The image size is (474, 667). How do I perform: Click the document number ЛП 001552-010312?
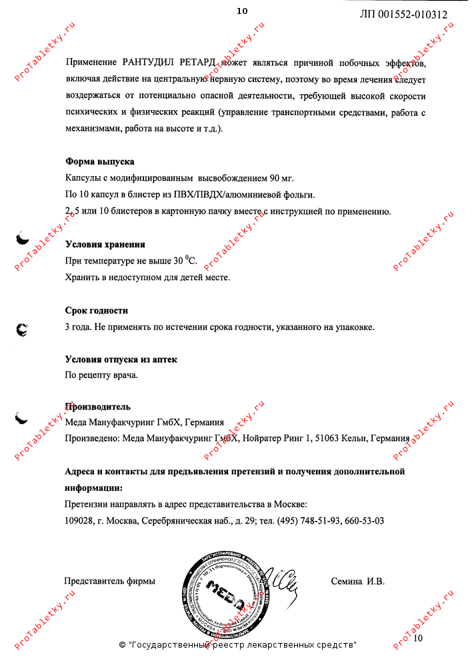tap(403, 14)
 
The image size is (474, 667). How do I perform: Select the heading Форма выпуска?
tap(99, 161)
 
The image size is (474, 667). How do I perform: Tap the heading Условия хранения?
tap(105, 244)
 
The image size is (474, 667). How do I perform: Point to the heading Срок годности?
tap(96, 310)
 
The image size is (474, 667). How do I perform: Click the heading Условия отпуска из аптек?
tap(121, 360)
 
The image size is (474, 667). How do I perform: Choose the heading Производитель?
tap(97, 406)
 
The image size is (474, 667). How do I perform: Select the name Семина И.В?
tap(358, 581)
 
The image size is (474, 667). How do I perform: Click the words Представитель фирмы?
tap(109, 581)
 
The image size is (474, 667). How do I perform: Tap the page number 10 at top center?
tap(241, 11)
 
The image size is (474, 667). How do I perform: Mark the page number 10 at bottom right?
tap(418, 638)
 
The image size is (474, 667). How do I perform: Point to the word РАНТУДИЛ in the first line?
tap(147, 63)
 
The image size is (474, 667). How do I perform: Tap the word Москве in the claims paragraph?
tap(291, 504)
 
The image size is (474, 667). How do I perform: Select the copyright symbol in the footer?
tap(122, 645)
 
